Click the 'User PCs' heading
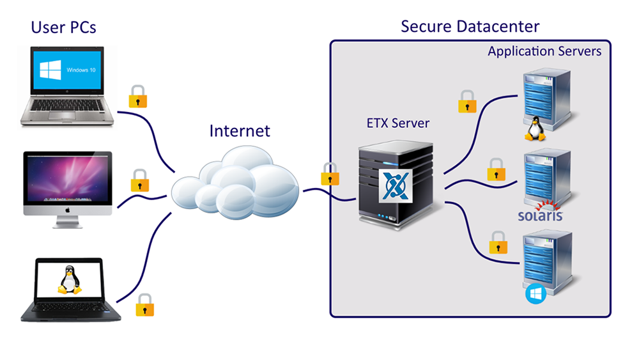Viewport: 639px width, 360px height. click(64, 27)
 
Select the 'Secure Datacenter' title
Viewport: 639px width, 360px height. click(470, 26)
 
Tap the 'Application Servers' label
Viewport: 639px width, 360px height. click(544, 51)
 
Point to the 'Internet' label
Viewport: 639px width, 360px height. click(240, 131)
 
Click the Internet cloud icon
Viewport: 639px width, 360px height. click(238, 182)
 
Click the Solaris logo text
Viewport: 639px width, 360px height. click(540, 215)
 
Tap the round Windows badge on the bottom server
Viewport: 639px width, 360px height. click(534, 295)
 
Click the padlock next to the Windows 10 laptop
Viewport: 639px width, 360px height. click(138, 96)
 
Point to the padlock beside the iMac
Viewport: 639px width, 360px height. click(140, 181)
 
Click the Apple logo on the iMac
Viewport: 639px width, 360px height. click(68, 210)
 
